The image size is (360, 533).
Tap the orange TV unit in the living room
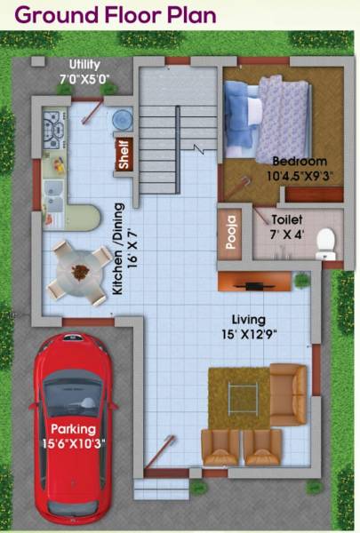click(x=254, y=284)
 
